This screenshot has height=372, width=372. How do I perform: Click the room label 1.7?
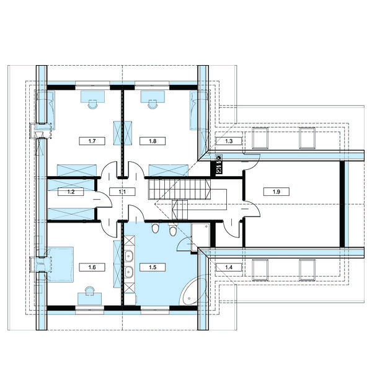click(x=92, y=141)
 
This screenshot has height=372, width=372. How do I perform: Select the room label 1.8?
click(x=153, y=141)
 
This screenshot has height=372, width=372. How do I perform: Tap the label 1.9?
click(x=276, y=192)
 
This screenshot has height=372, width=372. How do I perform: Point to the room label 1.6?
click(x=92, y=267)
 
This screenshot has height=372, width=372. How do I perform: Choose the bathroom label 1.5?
click(x=153, y=267)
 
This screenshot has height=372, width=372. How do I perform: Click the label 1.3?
click(x=229, y=141)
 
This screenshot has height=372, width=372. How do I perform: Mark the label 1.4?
click(x=229, y=267)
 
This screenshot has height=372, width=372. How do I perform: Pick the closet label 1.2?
click(x=71, y=192)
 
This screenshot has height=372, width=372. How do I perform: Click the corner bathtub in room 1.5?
click(x=193, y=291)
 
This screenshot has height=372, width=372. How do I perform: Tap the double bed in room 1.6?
click(x=60, y=264)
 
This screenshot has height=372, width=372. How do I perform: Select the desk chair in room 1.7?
click(x=92, y=104)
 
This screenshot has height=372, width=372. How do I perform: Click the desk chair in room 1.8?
click(x=153, y=104)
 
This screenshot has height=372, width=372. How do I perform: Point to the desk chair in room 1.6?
click(x=90, y=291)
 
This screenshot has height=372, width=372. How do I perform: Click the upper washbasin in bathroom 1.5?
click(x=129, y=256)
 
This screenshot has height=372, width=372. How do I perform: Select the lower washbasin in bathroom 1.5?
click(x=129, y=272)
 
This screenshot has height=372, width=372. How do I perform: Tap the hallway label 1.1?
click(x=122, y=192)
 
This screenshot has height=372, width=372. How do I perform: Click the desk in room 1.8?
click(x=153, y=97)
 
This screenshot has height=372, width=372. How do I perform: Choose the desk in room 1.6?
click(x=90, y=299)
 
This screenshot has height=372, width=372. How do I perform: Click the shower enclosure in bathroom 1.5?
click(x=200, y=237)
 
